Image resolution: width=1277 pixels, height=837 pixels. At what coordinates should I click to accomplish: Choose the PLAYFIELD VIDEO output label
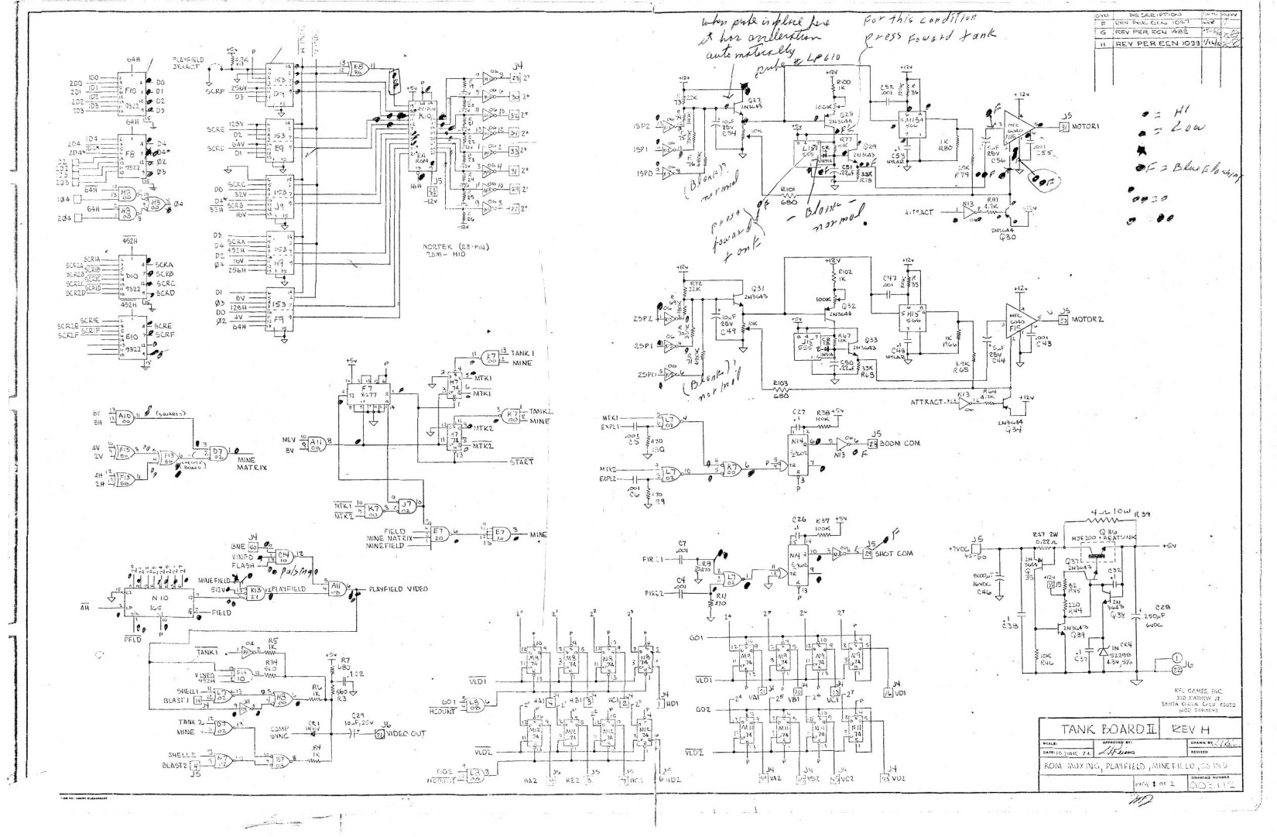398,588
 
